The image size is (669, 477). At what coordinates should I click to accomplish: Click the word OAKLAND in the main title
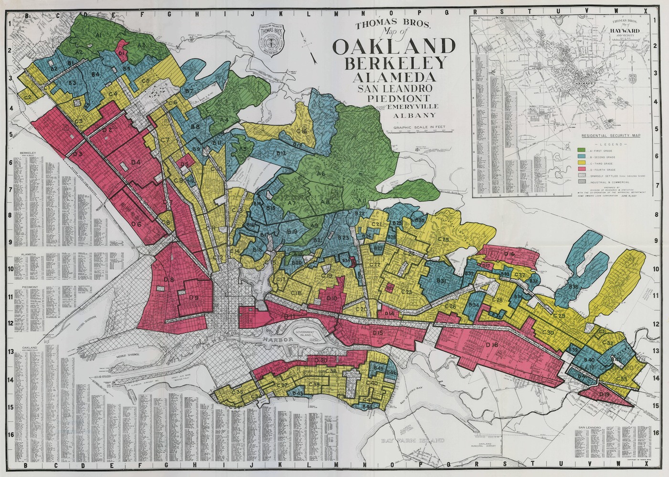coord(394,47)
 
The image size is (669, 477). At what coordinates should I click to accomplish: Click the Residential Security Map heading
coord(611,135)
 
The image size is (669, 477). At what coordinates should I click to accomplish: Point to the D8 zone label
coord(168,280)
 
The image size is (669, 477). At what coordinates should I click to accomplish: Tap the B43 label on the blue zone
coord(298,393)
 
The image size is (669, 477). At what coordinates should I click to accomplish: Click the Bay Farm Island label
coord(413,440)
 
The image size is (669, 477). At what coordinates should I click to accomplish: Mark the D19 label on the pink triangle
coord(604,394)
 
